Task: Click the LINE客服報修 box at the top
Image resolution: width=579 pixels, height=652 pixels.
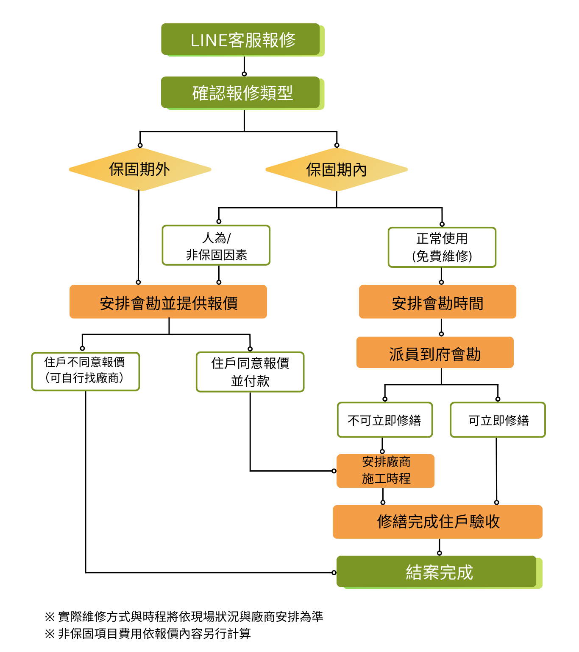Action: click(241, 39)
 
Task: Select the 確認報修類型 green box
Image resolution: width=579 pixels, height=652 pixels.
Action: click(241, 93)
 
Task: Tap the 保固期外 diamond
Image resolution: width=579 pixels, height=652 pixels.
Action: click(139, 169)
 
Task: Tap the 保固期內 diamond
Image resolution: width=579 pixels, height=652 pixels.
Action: click(336, 170)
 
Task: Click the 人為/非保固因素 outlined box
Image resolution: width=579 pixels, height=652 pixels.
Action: click(216, 246)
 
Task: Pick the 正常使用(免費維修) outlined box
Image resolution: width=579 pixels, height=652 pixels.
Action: click(442, 247)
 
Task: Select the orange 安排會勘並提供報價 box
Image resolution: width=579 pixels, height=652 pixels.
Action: click(168, 302)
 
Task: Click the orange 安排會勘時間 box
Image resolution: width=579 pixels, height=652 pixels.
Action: click(437, 302)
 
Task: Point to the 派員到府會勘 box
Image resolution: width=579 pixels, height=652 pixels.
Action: click(435, 353)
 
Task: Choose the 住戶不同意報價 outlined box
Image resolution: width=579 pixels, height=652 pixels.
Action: click(85, 371)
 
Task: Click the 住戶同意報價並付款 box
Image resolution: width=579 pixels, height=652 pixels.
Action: click(250, 372)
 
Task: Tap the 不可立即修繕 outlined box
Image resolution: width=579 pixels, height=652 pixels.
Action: click(385, 420)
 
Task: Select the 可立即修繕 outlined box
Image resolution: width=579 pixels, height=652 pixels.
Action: click(498, 420)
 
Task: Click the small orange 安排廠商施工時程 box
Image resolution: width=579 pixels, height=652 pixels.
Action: click(386, 471)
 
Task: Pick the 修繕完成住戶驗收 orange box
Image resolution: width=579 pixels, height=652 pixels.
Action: click(437, 522)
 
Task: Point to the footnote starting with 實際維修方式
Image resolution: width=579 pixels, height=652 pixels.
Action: click(184, 616)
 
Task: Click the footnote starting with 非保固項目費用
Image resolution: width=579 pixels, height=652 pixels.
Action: click(148, 633)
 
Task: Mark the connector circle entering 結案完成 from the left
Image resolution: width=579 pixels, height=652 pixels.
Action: click(334, 573)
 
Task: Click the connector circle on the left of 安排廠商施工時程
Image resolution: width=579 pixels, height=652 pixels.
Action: click(334, 471)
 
